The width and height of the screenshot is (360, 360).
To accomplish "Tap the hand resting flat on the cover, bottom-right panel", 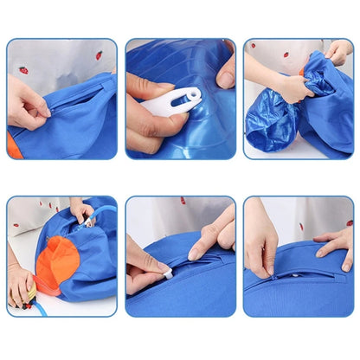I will coord(334,242).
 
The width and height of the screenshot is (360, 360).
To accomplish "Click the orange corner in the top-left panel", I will coord(14,148).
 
